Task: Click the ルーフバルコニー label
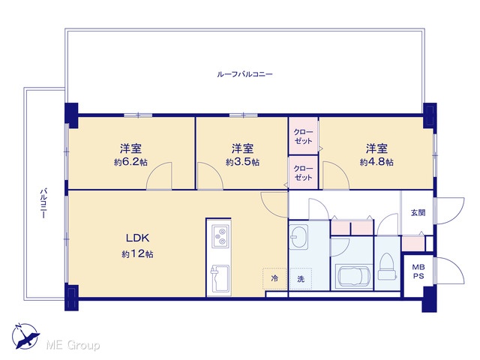coord(244,74)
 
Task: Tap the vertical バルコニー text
coord(43,203)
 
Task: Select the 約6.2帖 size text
coord(130,162)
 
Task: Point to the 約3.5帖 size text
coord(243,162)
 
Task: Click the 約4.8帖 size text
coord(376,162)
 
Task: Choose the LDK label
coord(138,238)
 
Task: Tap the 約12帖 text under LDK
coord(138,254)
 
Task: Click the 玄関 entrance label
coord(418,212)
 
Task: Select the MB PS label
coord(418,271)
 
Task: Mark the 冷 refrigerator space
coord(274,278)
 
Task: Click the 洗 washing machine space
coord(301,279)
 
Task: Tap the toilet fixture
coord(387,267)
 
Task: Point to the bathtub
coord(354,277)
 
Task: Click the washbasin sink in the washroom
coord(298,238)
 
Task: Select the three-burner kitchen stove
coord(220,236)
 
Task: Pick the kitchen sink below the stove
coord(219,279)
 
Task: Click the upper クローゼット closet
coord(303,136)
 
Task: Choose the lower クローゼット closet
coord(303,172)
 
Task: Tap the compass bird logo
coord(25,336)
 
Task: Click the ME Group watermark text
coord(73,345)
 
